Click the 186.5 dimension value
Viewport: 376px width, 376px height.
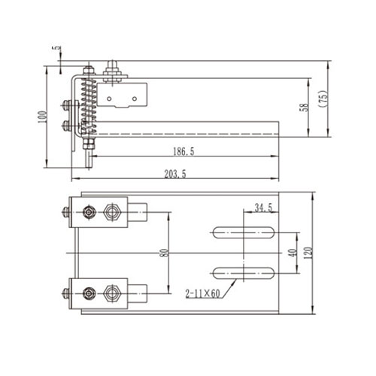183,151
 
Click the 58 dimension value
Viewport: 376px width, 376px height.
304,107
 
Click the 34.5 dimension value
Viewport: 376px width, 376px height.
263,207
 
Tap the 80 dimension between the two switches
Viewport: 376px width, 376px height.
163,252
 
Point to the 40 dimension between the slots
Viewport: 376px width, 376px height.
292,253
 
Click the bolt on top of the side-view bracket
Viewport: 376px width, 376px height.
114,70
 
